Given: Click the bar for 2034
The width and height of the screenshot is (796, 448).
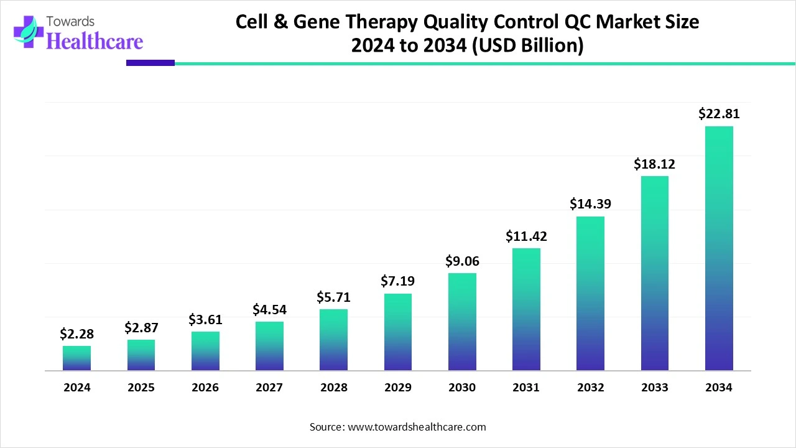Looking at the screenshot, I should pyautogui.click(x=719, y=248).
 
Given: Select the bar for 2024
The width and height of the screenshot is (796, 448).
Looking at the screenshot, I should pyautogui.click(x=76, y=358).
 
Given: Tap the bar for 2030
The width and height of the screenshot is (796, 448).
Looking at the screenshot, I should pyautogui.click(x=462, y=322).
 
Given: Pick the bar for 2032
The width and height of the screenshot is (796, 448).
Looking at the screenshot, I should pyautogui.click(x=590, y=293).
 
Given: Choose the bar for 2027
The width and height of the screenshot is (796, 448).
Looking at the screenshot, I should pyautogui.click(x=269, y=346).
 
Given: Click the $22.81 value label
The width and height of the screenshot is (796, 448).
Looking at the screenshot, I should pyautogui.click(x=719, y=114).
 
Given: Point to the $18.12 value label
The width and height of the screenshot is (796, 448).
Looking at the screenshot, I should pyautogui.click(x=654, y=164).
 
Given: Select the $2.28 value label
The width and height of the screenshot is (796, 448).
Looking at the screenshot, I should pyautogui.click(x=76, y=334).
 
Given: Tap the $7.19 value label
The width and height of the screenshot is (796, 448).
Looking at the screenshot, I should pyautogui.click(x=398, y=281).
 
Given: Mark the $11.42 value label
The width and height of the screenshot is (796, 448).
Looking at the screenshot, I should pyautogui.click(x=526, y=236).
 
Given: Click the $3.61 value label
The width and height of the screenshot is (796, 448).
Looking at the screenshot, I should pyautogui.click(x=205, y=320).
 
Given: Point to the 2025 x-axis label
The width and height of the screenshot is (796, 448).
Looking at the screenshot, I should pyautogui.click(x=141, y=388).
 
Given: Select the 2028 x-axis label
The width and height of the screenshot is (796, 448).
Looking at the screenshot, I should pyautogui.click(x=334, y=388).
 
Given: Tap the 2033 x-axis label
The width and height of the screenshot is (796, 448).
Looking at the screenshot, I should pyautogui.click(x=654, y=388).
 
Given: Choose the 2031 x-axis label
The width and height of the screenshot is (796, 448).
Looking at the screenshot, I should pyautogui.click(x=526, y=388).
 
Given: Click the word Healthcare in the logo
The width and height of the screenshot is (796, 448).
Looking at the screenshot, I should pyautogui.click(x=95, y=40).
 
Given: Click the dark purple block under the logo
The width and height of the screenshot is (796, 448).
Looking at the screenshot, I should pyautogui.click(x=150, y=63).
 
